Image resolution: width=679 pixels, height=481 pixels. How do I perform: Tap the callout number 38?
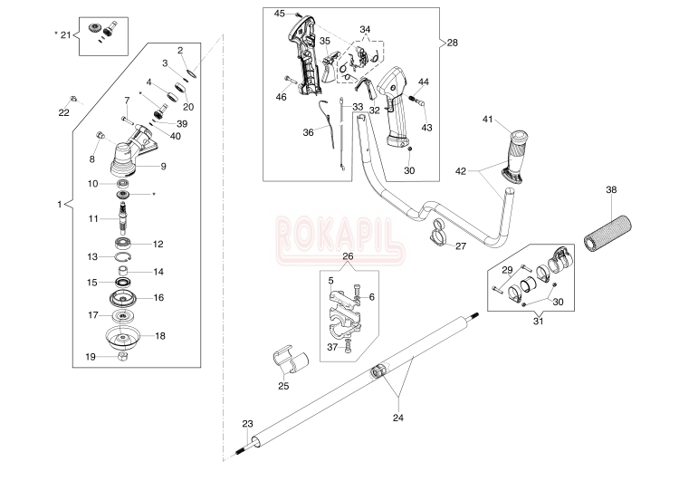pos(612,189)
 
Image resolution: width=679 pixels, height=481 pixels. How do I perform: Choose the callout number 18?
pos(160,335)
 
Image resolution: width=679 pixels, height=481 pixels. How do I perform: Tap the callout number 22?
pos(63,112)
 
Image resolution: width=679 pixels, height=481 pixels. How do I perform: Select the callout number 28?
pos(453,42)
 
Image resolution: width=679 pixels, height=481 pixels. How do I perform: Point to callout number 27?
pos(461,245)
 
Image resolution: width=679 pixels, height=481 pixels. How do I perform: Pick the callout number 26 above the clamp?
pos(349,255)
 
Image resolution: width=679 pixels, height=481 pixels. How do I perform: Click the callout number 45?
pos(279,13)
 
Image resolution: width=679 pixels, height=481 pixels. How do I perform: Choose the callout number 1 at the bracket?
pos(59,205)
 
